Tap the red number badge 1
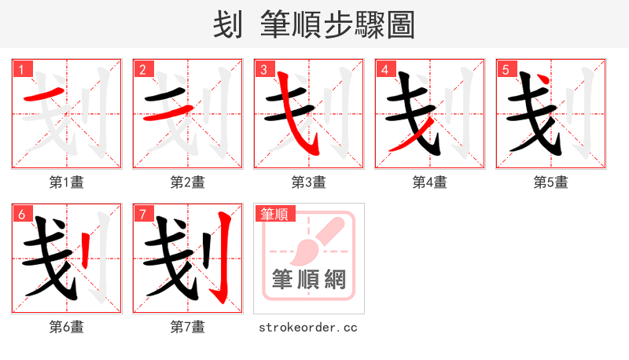coord(21,70)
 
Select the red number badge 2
coord(142,70)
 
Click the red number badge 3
coord(263,70)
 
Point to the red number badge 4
coord(384,70)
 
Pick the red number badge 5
coord(506,70)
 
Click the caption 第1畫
coord(67,182)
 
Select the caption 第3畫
coord(309,182)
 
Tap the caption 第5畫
coord(551,182)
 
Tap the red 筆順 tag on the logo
coord(274,214)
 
